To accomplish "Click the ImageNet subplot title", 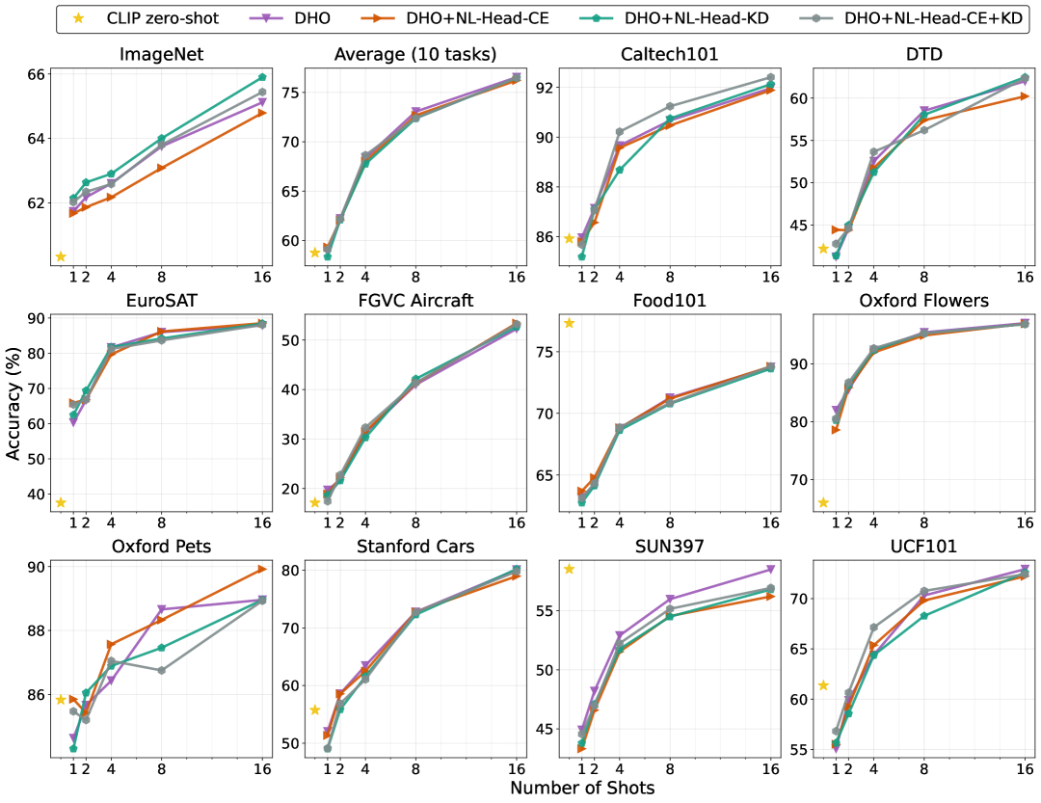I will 161,55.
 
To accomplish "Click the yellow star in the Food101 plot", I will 569,323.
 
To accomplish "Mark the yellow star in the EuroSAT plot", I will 60,502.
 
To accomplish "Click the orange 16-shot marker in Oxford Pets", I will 262,569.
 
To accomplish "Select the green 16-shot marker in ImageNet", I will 262,77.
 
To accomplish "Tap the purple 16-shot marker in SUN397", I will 770,570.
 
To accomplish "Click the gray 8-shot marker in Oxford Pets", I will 161,670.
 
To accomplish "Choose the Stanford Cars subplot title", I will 415,548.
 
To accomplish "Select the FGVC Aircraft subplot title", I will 415,301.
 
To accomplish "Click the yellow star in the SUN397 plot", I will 569,569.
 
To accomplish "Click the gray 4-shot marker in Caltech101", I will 619,131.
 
